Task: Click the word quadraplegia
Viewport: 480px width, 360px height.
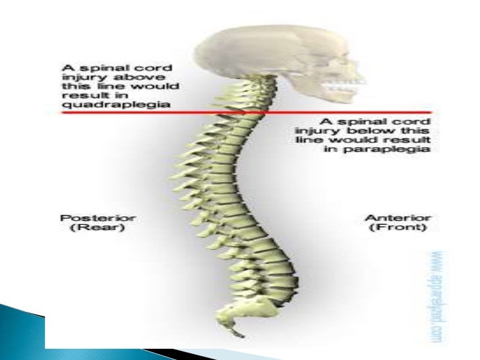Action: click(93, 104)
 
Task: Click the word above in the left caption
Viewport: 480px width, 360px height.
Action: click(140, 76)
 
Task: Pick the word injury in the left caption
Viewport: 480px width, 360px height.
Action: click(78, 76)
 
